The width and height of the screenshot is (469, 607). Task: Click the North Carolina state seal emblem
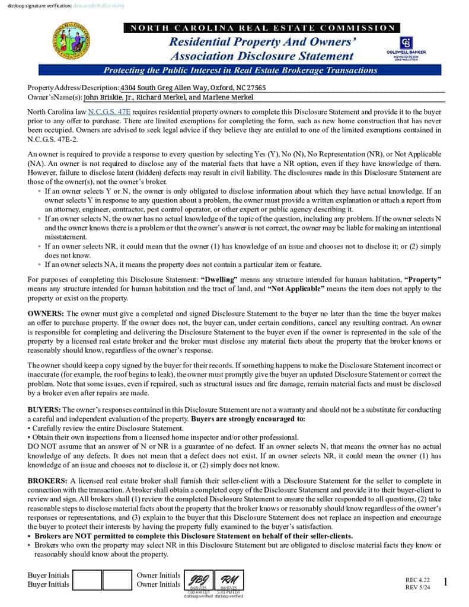click(71, 41)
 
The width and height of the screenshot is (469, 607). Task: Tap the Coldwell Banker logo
click(406, 48)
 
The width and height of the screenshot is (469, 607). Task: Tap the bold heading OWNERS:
click(46, 312)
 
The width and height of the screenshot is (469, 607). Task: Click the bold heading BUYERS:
click(44, 410)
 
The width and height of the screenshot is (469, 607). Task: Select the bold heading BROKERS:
click(48, 480)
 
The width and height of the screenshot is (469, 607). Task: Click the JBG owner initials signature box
click(197, 580)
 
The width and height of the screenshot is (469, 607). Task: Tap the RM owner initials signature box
click(228, 580)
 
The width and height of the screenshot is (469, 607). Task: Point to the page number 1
click(445, 583)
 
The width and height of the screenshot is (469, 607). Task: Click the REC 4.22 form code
click(417, 579)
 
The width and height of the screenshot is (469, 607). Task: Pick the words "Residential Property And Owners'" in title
click(261, 42)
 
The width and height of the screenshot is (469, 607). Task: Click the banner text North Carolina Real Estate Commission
click(261, 28)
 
